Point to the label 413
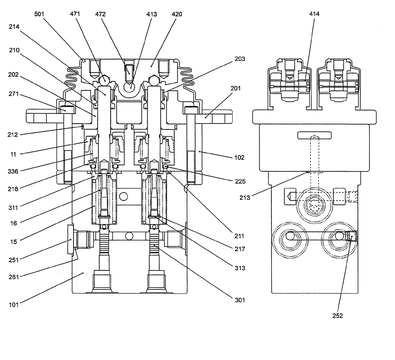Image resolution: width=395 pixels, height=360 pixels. pos(151,14)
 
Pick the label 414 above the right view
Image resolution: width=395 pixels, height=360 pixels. pos(314,14)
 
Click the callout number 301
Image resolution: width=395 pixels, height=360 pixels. pos(240,300)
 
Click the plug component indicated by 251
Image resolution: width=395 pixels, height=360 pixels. pos(71,240)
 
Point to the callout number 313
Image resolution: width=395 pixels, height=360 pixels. pos(240,268)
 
